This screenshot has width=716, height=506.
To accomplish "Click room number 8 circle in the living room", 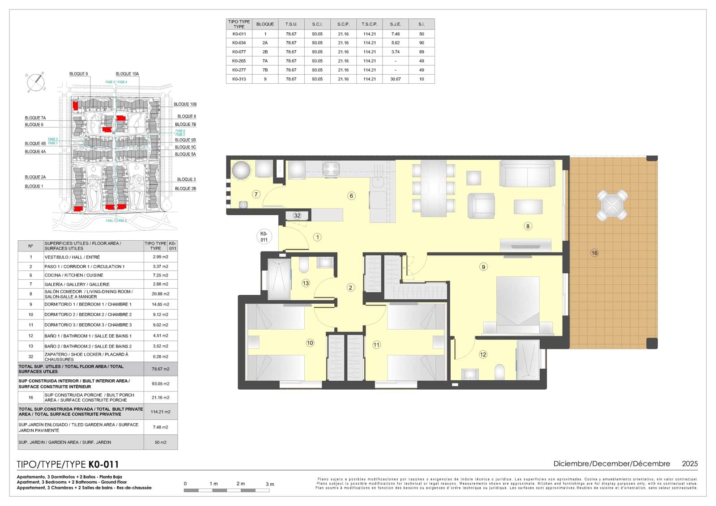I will click(x=528, y=226).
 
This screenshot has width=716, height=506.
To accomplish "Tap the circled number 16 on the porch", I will click(x=594, y=253).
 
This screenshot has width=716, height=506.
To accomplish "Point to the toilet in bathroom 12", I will click(x=500, y=372).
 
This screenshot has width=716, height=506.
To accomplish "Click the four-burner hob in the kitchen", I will click(x=331, y=169).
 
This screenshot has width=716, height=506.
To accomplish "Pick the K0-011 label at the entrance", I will click(x=264, y=237).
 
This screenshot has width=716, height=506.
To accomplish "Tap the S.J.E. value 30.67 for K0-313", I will click(x=395, y=79).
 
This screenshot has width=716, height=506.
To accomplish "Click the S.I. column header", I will click(x=421, y=24).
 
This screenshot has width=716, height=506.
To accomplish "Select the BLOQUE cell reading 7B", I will click(x=265, y=70).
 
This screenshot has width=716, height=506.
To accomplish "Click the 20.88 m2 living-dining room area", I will click(x=160, y=294).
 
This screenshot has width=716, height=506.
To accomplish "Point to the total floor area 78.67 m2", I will click(x=160, y=369).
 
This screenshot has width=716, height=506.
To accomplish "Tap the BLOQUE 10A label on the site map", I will click(x=127, y=74).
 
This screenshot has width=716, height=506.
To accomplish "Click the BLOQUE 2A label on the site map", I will click(x=35, y=177).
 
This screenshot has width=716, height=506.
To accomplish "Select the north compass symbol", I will click(x=36, y=82).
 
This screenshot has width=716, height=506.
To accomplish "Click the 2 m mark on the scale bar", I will click(x=241, y=484).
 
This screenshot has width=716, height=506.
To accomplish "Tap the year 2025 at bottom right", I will click(x=690, y=464).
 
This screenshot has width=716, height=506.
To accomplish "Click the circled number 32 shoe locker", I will click(x=297, y=216).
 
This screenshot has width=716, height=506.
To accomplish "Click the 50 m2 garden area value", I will click(x=160, y=442).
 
